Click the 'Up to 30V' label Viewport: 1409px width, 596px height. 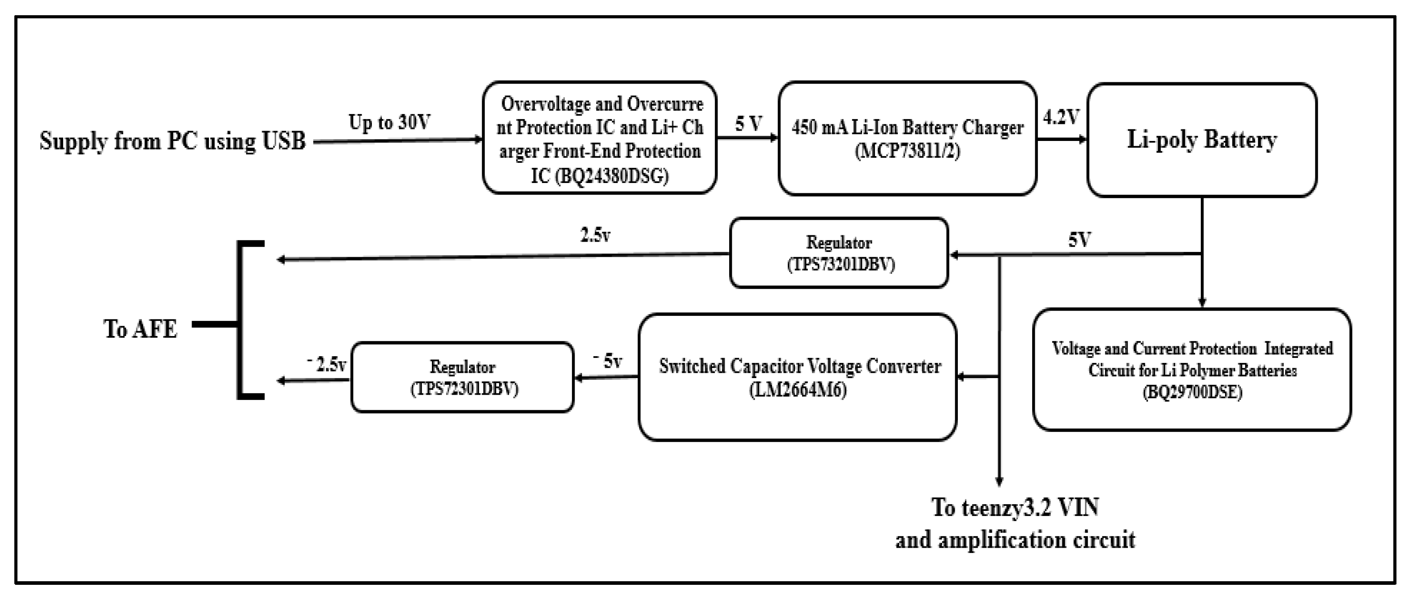389,122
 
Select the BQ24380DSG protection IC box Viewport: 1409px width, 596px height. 599,138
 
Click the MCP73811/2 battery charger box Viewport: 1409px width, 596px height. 907,138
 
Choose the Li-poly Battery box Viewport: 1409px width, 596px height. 1202,140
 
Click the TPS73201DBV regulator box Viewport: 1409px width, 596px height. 839,253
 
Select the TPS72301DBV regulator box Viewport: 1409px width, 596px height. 463,377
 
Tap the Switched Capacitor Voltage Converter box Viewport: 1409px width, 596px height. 798,377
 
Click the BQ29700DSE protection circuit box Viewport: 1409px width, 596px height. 1192,370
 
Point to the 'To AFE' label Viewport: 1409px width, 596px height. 141,329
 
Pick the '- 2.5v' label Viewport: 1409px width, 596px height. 327,364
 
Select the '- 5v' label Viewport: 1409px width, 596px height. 608,361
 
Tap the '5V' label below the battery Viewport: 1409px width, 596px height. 1079,239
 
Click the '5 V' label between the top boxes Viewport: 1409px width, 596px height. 748,123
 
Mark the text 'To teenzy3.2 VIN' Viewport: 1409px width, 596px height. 1015,507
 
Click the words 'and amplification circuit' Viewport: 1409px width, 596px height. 1015,540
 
